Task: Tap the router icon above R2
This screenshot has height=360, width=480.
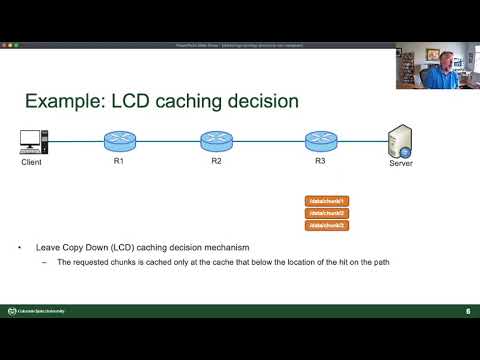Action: click(216, 140)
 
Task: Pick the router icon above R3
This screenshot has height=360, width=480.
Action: click(320, 140)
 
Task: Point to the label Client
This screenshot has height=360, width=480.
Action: click(33, 161)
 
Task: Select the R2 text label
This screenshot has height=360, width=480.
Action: click(217, 161)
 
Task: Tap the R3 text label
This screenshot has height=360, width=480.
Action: click(320, 161)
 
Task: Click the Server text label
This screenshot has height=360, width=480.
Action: click(400, 164)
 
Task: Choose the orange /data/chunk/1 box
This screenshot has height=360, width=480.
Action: click(325, 201)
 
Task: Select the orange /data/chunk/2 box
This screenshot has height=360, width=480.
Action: click(325, 213)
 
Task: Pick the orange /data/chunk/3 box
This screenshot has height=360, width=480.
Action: click(325, 225)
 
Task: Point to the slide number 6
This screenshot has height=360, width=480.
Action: click(467, 311)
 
